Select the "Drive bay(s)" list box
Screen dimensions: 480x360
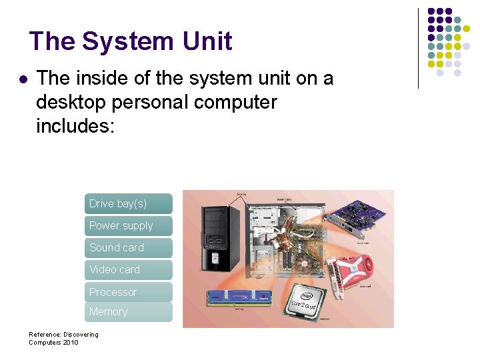click(x=128, y=203)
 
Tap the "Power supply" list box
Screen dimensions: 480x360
click(x=128, y=226)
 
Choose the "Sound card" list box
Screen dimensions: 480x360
click(x=128, y=248)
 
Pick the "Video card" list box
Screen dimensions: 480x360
click(x=128, y=270)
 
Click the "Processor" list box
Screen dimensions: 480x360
click(x=128, y=292)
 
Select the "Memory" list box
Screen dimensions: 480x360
click(x=128, y=312)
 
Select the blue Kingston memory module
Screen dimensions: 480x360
click(x=239, y=299)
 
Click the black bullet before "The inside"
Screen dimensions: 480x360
click(x=23, y=79)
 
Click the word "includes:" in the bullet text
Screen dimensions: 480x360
click(x=76, y=126)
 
